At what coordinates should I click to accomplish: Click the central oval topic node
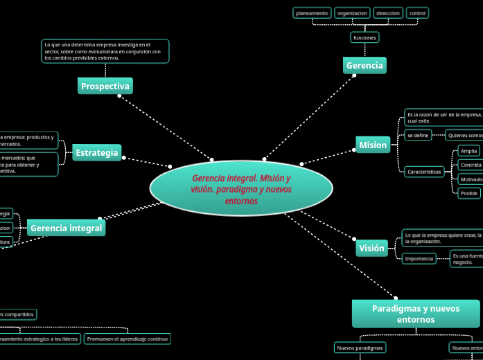tap(241, 188)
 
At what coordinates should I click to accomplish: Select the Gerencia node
tap(365, 66)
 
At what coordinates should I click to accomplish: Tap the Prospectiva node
tap(105, 87)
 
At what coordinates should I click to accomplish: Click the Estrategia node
tap(97, 153)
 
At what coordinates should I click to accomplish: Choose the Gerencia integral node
tap(67, 228)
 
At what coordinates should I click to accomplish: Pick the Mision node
tap(373, 145)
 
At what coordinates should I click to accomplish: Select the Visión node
tap(371, 249)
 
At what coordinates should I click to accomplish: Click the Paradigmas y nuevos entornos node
tap(416, 314)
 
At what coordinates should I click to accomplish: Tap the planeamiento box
tap(312, 13)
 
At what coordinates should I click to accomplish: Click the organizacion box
tap(352, 13)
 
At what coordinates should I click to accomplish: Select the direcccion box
tap(388, 13)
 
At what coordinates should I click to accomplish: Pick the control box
tap(418, 13)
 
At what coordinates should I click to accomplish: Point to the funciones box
tap(365, 37)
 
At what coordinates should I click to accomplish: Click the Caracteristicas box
tap(424, 172)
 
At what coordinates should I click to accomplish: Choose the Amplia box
tap(469, 151)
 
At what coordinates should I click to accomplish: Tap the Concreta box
tap(471, 165)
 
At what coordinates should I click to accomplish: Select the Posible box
tap(469, 193)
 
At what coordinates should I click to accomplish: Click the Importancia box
tap(419, 259)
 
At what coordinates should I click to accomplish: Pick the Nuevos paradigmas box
tap(360, 348)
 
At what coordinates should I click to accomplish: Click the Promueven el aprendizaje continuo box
tap(128, 339)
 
